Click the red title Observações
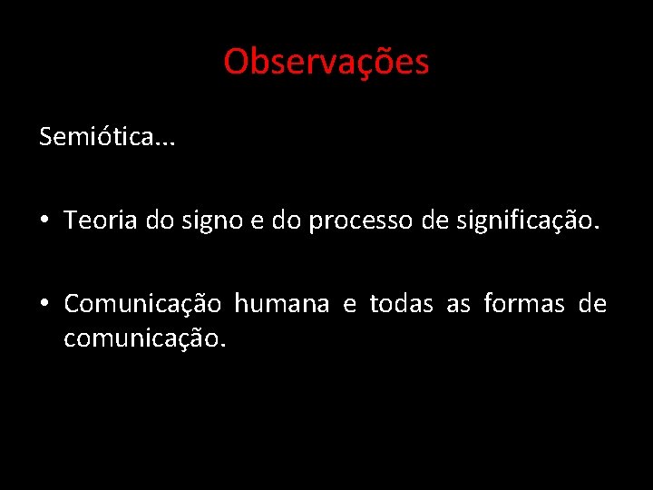click(x=326, y=62)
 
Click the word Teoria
click(x=100, y=220)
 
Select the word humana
click(x=282, y=304)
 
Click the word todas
click(x=401, y=304)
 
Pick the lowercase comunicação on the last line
click(x=143, y=339)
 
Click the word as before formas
click(x=458, y=304)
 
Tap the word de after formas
click(x=592, y=304)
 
